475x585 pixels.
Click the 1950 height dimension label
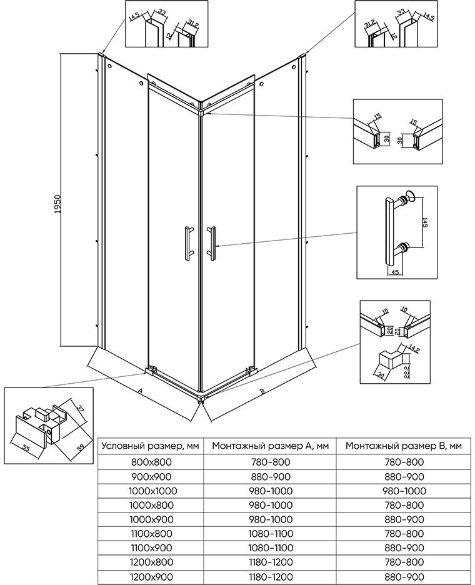pyautogui.click(x=57, y=204)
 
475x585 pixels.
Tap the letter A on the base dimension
pyautogui.click(x=140, y=391)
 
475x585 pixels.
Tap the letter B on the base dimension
pyautogui.click(x=262, y=391)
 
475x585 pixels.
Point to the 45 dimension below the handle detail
pyautogui.click(x=395, y=272)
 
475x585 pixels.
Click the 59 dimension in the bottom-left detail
pyautogui.click(x=81, y=447)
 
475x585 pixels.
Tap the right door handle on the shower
pyautogui.click(x=211, y=242)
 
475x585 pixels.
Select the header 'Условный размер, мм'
pyautogui.click(x=151, y=446)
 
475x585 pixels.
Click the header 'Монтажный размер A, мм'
pyautogui.click(x=271, y=446)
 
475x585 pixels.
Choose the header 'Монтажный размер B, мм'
pyautogui.click(x=404, y=446)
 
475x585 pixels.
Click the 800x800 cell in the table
pyautogui.click(x=151, y=462)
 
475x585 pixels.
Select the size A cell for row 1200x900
pyautogui.click(x=271, y=576)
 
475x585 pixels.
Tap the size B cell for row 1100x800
pyautogui.click(x=404, y=534)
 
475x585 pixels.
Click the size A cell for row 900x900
pyautogui.click(x=271, y=476)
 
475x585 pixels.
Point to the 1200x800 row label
pyautogui.click(x=151, y=562)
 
